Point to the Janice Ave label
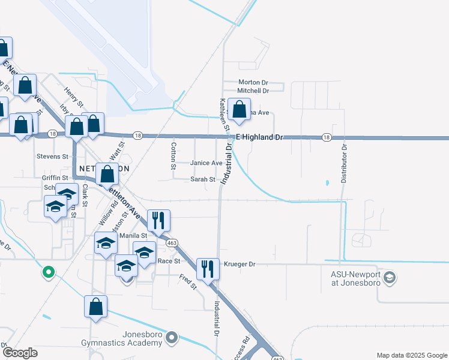click(x=206, y=163)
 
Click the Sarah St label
click(x=203, y=179)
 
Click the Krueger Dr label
click(x=240, y=264)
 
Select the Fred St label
click(x=188, y=281)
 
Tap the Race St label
click(x=169, y=261)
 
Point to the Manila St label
click(x=133, y=236)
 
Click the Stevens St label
click(x=53, y=157)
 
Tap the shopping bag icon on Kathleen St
click(x=239, y=110)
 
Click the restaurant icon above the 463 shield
click(x=158, y=220)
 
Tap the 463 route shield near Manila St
click(x=172, y=242)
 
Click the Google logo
click(x=19, y=353)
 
